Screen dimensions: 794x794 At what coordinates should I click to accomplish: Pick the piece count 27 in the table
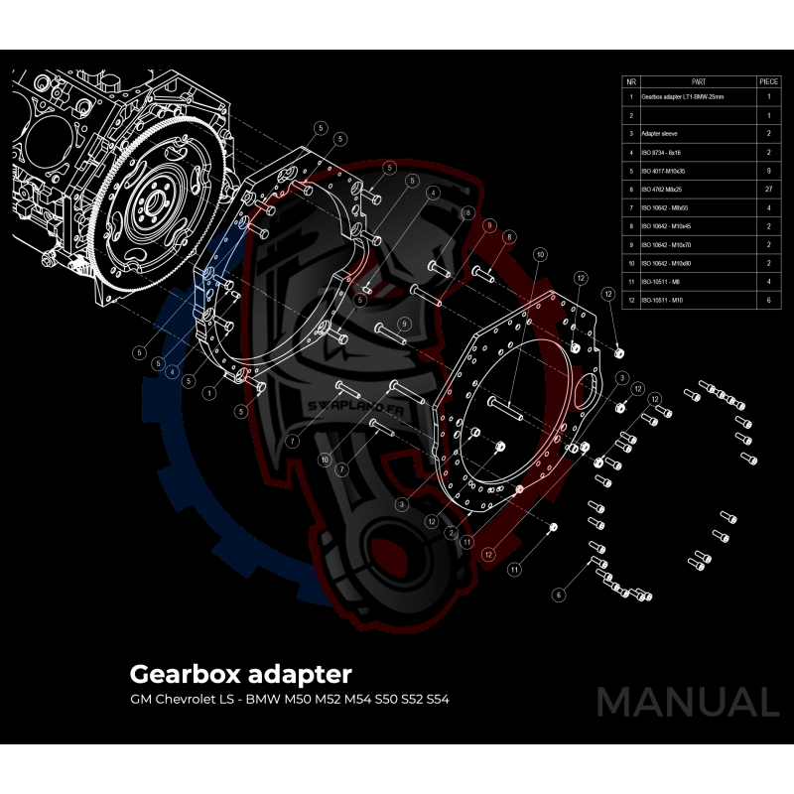[768, 189]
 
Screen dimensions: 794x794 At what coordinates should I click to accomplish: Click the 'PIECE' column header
[768, 80]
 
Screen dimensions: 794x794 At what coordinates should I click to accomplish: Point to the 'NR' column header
[630, 80]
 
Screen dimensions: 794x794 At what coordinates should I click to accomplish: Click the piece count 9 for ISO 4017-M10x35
[768, 171]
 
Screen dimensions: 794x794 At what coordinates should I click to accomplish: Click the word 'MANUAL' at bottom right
[687, 702]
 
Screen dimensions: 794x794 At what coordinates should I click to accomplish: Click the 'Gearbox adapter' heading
[240, 674]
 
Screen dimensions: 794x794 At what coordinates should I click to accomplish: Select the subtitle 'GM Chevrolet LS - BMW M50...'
[289, 700]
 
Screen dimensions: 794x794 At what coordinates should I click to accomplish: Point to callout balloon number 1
[209, 394]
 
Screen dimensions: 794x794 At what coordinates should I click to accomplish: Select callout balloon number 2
[452, 533]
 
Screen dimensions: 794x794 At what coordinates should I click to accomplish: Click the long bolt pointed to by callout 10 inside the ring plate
[507, 404]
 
